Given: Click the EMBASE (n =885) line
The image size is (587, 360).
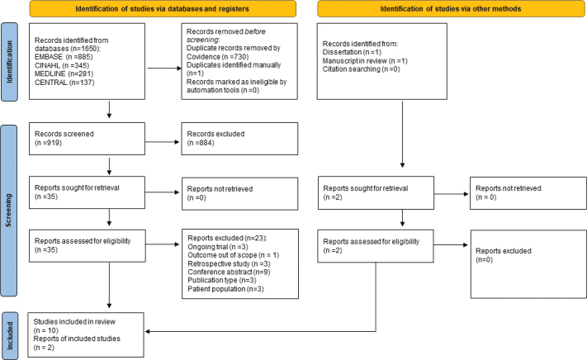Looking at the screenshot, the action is point(64,57).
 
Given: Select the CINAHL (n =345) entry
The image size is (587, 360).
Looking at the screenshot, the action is point(62,65).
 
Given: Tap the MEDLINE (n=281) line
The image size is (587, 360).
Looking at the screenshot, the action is point(64,73).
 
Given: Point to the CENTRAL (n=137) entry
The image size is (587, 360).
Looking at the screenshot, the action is point(64,83).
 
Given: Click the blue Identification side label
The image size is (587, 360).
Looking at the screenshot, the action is point(9,62).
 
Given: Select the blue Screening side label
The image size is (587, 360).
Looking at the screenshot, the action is point(9,211).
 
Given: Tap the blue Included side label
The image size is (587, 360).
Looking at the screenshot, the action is point(10,336).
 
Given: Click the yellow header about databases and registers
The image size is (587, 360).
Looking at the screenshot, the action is point(163,8).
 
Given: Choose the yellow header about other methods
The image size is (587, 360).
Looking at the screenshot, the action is point(451,8).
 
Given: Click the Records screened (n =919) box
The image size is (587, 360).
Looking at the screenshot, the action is point(87,139).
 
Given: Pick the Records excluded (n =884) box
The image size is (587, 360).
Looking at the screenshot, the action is point(239,139).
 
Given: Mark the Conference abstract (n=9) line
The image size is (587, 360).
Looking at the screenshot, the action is point(229,272).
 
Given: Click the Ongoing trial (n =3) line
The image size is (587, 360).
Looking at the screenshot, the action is point(218,247).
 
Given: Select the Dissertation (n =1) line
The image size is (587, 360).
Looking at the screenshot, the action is point(352,52).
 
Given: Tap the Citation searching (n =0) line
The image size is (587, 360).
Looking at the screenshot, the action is point(362,69).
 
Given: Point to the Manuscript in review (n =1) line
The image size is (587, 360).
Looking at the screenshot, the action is point(365,60).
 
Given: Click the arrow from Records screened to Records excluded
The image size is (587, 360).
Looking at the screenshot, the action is point(163,142).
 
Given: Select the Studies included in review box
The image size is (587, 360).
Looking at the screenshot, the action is point(86,334).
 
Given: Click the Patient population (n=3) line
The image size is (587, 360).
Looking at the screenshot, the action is point(225,289).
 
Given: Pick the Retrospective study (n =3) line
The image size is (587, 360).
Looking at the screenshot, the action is point(229,264).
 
